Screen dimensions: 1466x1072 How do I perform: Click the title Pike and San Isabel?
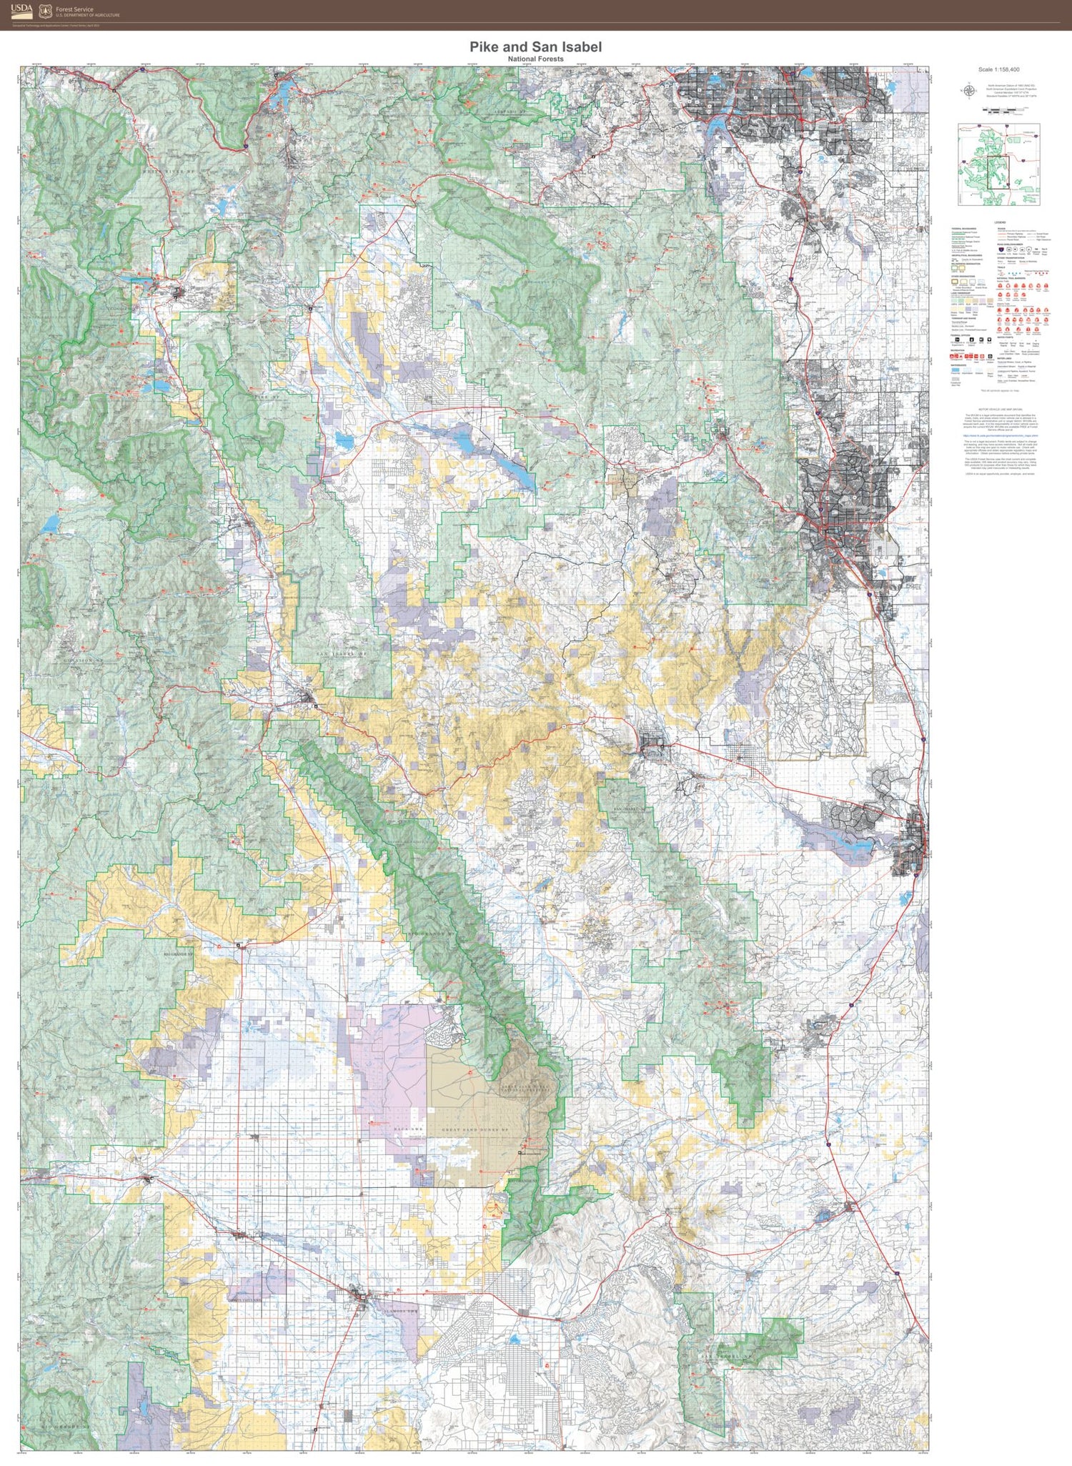(x=535, y=46)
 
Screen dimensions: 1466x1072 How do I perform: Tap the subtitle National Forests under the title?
(x=535, y=59)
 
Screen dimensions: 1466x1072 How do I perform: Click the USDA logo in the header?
(x=21, y=9)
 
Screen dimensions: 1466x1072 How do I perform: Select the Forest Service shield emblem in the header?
(x=46, y=10)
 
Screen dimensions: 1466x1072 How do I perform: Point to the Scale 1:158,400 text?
(x=999, y=70)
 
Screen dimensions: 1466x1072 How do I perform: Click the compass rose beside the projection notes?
(x=970, y=90)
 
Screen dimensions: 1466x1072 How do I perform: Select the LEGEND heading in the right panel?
(x=999, y=223)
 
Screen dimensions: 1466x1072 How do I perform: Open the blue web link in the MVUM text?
(x=999, y=435)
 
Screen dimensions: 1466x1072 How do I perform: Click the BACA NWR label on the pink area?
(x=410, y=1129)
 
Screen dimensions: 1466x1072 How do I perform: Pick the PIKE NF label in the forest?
(x=267, y=396)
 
